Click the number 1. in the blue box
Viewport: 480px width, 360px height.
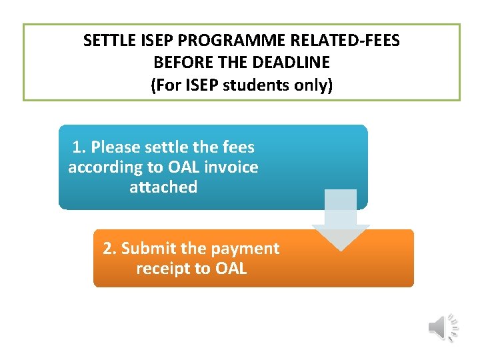click(x=79, y=147)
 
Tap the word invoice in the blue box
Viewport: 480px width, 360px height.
click(x=231, y=167)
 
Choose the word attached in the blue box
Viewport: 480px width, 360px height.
click(x=163, y=187)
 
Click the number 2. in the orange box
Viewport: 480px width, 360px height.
click(x=110, y=249)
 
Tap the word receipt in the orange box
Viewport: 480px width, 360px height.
click(x=163, y=269)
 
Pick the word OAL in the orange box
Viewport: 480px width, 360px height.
click(x=231, y=269)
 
